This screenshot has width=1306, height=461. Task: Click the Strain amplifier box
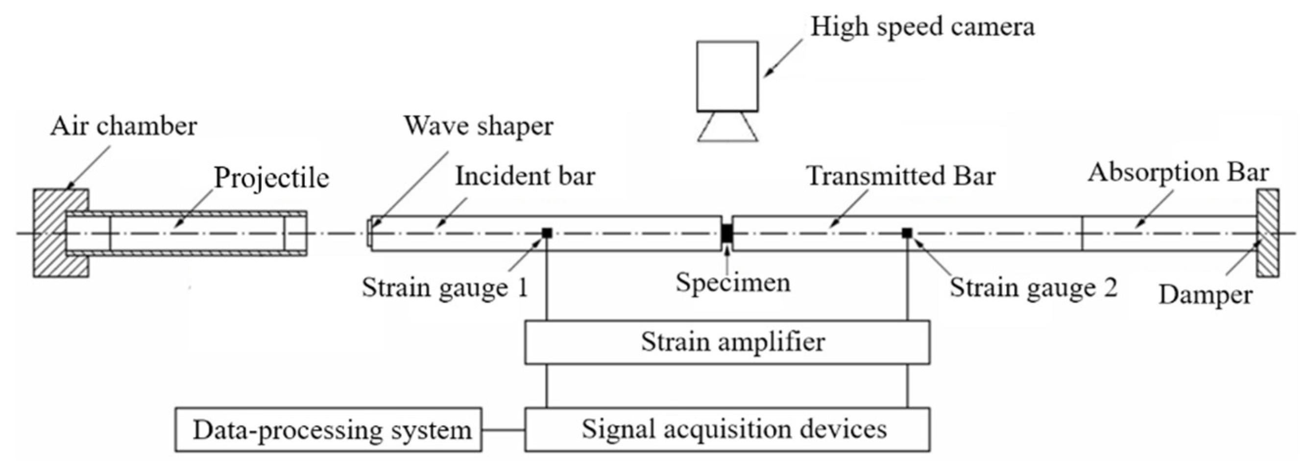pos(726,342)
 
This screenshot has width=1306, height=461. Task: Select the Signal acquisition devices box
pos(726,430)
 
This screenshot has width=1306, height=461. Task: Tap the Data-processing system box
pos(328,430)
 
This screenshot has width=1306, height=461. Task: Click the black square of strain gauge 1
pos(547,233)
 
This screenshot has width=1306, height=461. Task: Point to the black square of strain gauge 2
pos(907,233)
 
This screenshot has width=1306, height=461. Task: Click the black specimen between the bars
pos(727,233)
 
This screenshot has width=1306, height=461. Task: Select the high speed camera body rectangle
pos(727,76)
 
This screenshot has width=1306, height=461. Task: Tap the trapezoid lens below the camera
pos(727,127)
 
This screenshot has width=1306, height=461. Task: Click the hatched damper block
pos(1267,233)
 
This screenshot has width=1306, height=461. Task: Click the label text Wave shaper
pos(478,126)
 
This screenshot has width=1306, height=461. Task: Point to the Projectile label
pos(271,178)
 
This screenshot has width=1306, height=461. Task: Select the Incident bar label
pos(524,176)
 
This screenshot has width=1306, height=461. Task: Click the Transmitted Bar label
pos(901,176)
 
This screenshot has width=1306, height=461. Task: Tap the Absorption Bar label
pos(1178,173)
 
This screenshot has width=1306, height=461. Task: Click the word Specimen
pos(732,283)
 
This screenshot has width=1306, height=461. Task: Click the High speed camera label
pos(922,26)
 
